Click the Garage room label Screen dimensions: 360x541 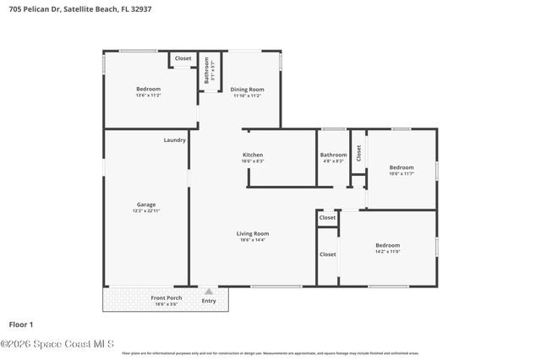pos(146,204)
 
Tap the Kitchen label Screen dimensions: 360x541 pos(253,155)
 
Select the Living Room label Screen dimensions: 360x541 pos(254,233)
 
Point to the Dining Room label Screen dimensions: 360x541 pos(248,89)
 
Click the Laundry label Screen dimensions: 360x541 pos(175,139)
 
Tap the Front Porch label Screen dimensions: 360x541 pos(166,297)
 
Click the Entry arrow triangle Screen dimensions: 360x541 pos(209,291)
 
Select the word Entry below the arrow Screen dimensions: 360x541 pos(209,301)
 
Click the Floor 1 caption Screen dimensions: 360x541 pos(20,325)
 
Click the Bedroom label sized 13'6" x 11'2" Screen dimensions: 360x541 pos(149,89)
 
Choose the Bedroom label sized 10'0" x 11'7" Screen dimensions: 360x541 pos(402,167)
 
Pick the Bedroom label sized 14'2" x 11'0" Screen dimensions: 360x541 pos(387,245)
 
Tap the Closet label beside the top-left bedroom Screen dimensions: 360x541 pos(183,58)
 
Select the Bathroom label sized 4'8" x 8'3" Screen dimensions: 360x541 pos(333,155)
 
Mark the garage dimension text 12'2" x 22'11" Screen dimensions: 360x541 pos(146,210)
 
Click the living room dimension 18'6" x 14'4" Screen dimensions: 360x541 pos(254,241)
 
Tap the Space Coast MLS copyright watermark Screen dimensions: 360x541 pos(57,344)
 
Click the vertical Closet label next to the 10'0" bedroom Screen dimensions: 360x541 pos(358,153)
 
